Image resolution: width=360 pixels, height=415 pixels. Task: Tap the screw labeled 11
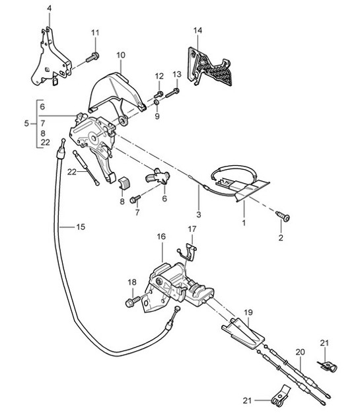tap(93, 57)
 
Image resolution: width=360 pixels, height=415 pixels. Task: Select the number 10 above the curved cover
tap(121, 55)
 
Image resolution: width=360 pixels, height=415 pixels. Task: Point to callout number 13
tap(177, 74)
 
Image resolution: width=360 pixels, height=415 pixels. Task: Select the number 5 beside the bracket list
tap(26, 124)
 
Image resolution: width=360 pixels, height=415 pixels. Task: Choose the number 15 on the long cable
tap(80, 227)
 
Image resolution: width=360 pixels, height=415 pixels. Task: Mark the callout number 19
tap(248, 313)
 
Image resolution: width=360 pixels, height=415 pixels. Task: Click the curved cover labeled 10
tap(119, 89)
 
